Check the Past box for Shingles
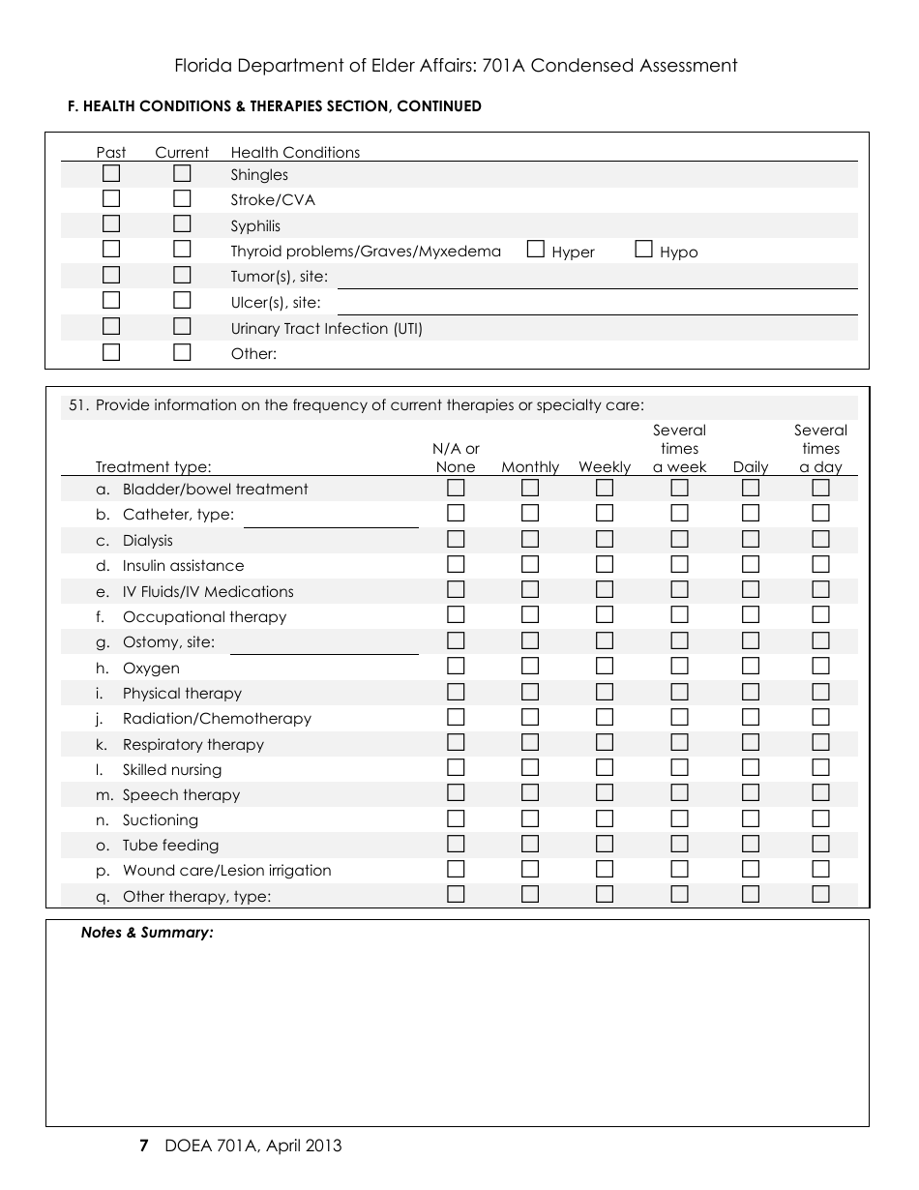(111, 174)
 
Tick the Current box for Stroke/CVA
(182, 199)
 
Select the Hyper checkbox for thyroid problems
(536, 250)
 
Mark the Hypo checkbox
(644, 250)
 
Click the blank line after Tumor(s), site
(596, 279)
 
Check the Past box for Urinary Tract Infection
(111, 327)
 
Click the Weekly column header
(605, 467)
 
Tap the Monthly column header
(530, 467)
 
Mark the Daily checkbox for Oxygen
(751, 667)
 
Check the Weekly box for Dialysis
(605, 540)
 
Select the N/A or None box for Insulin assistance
(456, 565)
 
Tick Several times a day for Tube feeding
(820, 844)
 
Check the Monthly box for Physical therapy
(530, 692)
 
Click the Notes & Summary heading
(147, 934)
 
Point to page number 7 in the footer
(144, 1146)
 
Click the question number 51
(78, 405)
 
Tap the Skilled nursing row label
(172, 770)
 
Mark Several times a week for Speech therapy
(680, 793)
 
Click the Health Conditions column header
(295, 153)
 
